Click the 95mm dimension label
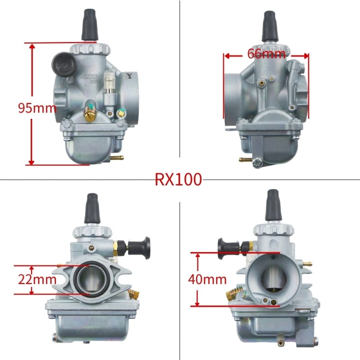pyautogui.click(x=37, y=108)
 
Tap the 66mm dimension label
pyautogui.click(x=266, y=54)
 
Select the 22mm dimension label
pyautogui.click(x=37, y=279)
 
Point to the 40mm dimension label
pyautogui.click(x=207, y=279)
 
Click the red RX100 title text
pyautogui.click(x=179, y=180)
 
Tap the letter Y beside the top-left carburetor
pyautogui.click(x=130, y=76)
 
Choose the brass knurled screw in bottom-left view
pyautogui.click(x=133, y=295)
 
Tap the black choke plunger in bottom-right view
pyautogui.click(x=225, y=246)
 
